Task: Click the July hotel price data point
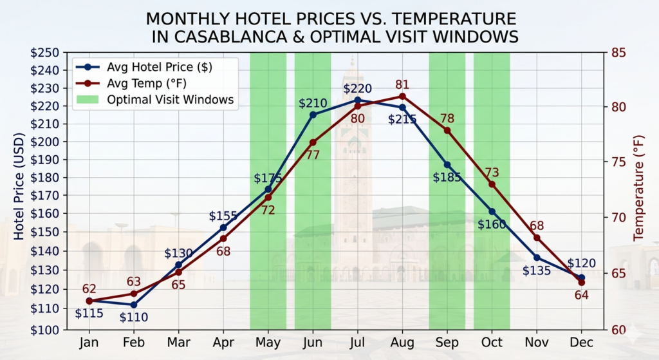tap(358, 100)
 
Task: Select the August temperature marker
tap(402, 97)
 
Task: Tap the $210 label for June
tap(313, 103)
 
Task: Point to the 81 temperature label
tap(402, 84)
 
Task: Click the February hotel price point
tap(134, 305)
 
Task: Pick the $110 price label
tap(134, 317)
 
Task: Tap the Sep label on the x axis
tap(447, 343)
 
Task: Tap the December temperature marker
tap(581, 282)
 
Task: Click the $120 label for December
tap(581, 263)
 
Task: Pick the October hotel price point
tap(492, 211)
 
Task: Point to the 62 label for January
tap(89, 289)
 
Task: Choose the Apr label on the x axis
tap(223, 343)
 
